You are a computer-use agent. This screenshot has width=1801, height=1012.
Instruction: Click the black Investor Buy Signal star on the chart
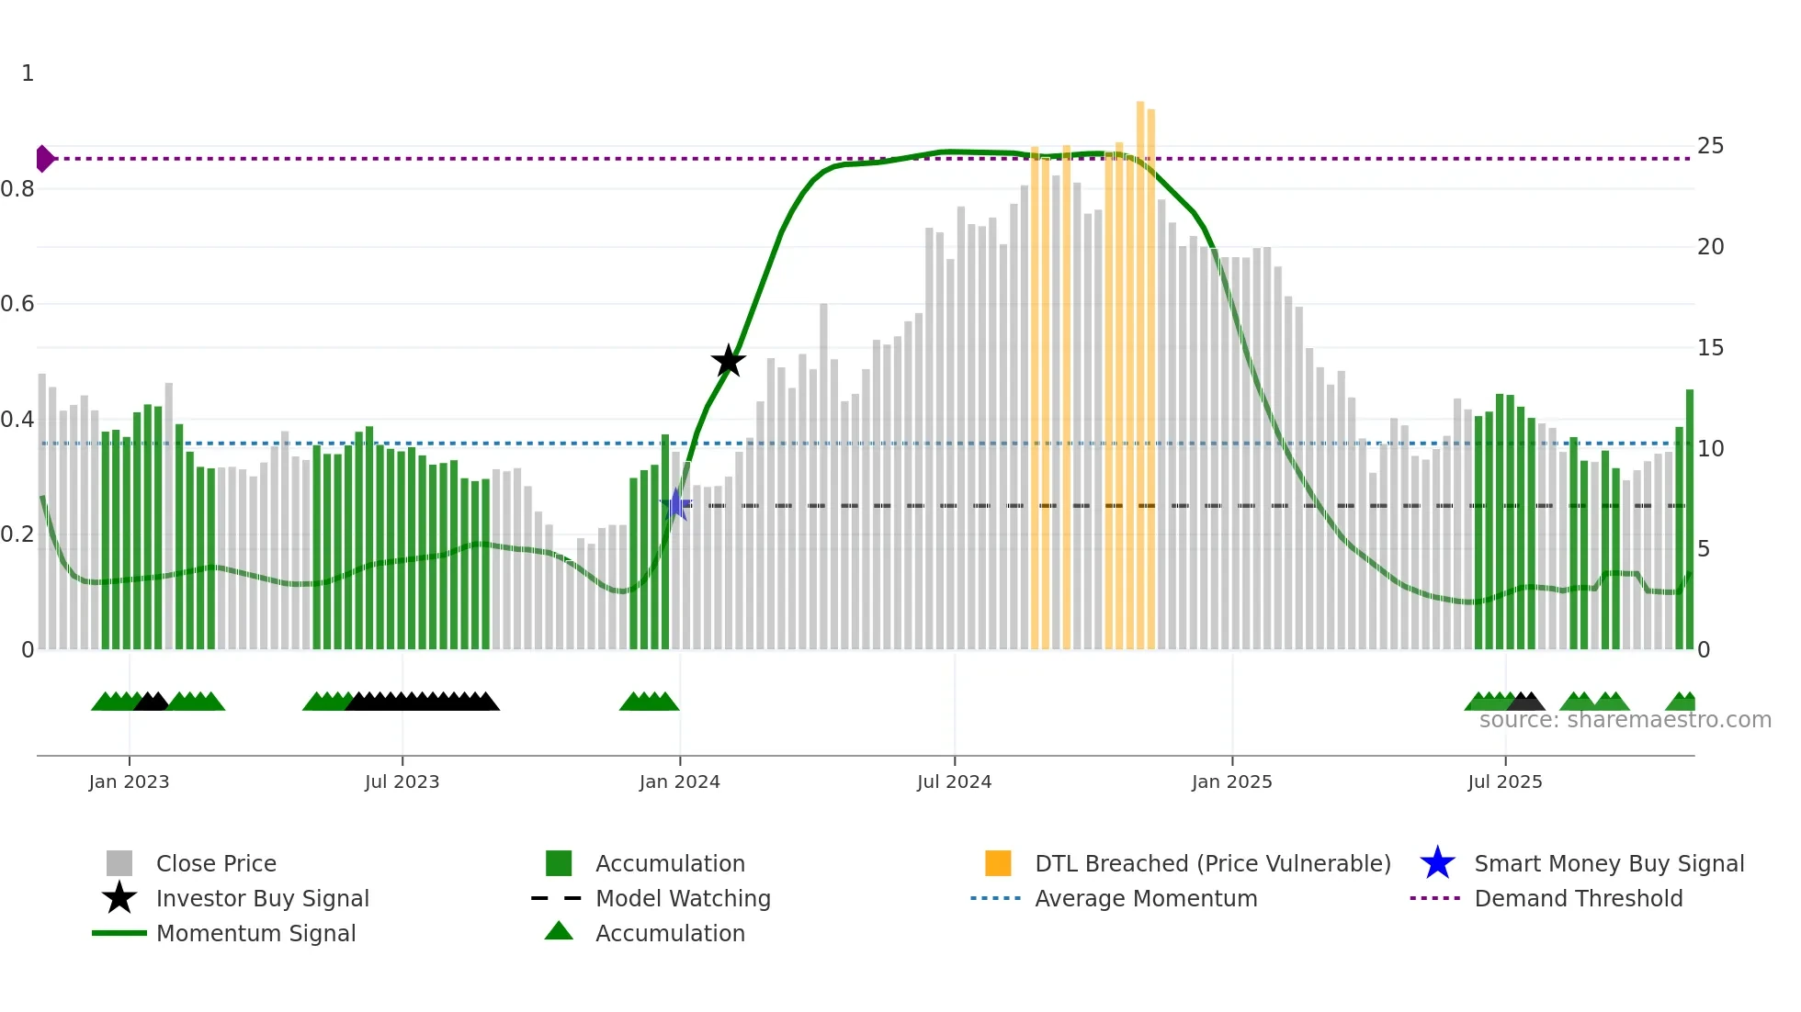point(728,361)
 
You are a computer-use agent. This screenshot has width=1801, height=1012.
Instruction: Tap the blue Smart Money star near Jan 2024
point(676,504)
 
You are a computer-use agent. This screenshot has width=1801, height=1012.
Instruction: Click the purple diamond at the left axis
point(44,159)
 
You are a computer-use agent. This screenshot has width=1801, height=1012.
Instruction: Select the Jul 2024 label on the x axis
point(954,781)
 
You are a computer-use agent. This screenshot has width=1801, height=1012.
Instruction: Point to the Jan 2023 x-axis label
point(129,781)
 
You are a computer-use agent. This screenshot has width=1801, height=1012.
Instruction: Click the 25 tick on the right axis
point(1710,146)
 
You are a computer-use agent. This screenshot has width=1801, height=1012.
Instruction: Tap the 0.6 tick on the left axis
point(18,304)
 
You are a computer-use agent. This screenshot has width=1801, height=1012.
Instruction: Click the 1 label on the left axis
point(28,73)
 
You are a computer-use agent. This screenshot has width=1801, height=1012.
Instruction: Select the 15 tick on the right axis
point(1710,348)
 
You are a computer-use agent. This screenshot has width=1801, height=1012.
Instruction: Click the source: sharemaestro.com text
point(1625,720)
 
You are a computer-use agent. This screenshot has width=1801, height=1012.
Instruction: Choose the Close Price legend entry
point(216,863)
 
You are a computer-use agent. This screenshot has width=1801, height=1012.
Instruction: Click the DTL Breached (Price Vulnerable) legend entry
point(1212,863)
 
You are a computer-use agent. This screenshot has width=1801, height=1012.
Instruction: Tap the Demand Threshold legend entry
point(1578,898)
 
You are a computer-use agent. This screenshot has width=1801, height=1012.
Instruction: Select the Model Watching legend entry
point(683,898)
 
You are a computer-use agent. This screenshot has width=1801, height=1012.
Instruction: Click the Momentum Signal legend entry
point(255,933)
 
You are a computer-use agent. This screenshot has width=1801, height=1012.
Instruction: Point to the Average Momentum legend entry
point(1145,898)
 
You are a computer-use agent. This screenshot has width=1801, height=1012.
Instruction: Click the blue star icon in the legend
point(1437,863)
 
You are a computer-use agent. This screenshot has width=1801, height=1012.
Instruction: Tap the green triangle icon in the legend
point(559,931)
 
